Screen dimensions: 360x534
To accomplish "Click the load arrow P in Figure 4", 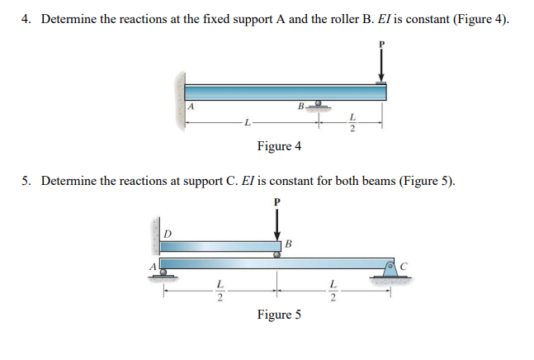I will (381, 63).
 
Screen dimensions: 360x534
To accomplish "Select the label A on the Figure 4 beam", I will (191, 107).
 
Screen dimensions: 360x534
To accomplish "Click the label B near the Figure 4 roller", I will (301, 106).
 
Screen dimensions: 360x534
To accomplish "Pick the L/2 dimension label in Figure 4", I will (352, 122).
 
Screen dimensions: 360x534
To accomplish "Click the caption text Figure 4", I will (279, 146).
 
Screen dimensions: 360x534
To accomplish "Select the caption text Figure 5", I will (279, 315).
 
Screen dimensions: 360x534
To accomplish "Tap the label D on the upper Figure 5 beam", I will (169, 234).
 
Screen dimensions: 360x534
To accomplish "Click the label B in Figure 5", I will (287, 243).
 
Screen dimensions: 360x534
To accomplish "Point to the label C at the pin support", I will (403, 265).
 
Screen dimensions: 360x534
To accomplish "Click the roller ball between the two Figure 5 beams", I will (278, 255).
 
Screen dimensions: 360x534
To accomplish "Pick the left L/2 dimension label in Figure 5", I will (220, 290).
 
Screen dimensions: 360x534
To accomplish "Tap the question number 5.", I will (26, 180).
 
